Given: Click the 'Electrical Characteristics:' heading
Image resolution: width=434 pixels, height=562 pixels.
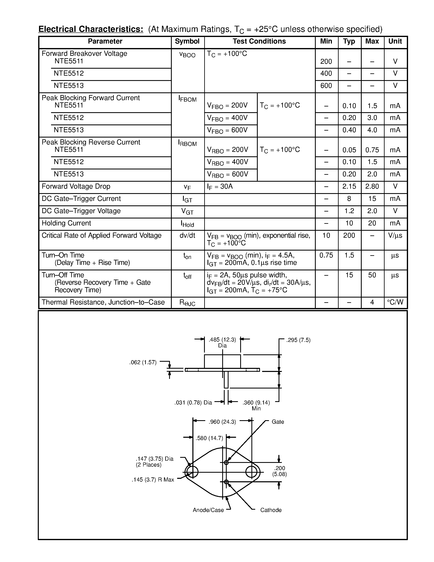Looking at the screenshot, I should point(91,29).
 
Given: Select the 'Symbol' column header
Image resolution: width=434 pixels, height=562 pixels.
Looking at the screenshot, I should point(187,41).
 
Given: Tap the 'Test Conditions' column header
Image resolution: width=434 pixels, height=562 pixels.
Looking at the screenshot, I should point(259,41).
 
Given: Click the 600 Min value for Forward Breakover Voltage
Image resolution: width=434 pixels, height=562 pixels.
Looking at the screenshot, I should point(326,86).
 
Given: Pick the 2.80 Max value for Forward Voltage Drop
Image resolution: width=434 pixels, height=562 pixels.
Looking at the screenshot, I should point(372,186).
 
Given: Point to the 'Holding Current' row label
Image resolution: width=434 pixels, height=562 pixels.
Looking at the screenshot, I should point(66,223).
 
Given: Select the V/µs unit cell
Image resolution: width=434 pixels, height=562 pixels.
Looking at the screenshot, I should point(395,235).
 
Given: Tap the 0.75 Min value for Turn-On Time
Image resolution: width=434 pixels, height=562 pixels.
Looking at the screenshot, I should point(326,255).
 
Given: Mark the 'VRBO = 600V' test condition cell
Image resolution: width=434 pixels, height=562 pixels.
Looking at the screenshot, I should point(228,175).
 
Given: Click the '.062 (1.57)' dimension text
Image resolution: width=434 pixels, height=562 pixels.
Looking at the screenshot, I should point(143,363).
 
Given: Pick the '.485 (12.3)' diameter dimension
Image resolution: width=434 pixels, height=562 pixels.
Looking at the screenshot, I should point(222,340).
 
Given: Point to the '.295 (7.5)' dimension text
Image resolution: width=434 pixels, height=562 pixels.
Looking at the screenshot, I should point(298,340).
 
